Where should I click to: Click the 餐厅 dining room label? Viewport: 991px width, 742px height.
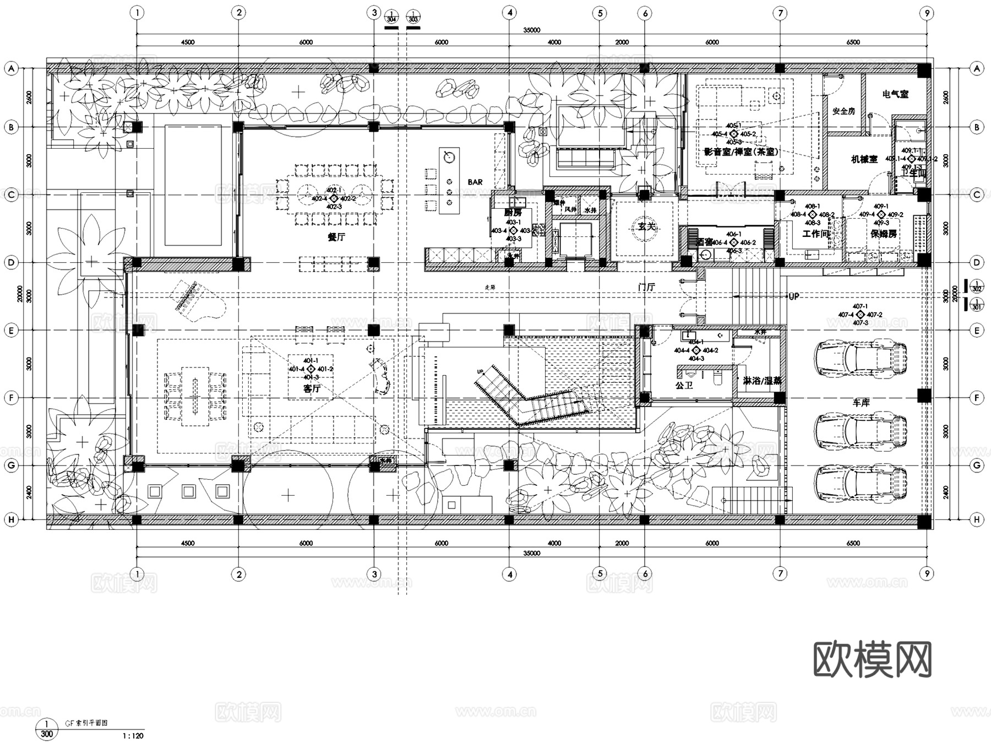pyautogui.click(x=336, y=237)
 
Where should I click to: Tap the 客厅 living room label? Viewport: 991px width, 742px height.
pyautogui.click(x=312, y=388)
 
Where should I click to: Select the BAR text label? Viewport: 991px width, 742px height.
pyautogui.click(x=475, y=182)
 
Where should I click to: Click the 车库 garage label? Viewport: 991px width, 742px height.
pyautogui.click(x=861, y=403)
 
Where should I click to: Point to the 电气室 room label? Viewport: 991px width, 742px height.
pyautogui.click(x=895, y=94)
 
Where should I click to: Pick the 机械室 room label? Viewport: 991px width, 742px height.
pyautogui.click(x=864, y=159)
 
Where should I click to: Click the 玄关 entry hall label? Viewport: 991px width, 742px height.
pyautogui.click(x=646, y=226)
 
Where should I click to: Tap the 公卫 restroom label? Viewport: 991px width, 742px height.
pyautogui.click(x=684, y=386)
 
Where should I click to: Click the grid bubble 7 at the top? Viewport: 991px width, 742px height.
pyautogui.click(x=780, y=13)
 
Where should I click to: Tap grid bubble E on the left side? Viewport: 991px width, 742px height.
pyautogui.click(x=11, y=331)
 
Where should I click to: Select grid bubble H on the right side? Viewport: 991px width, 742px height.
pyautogui.click(x=977, y=519)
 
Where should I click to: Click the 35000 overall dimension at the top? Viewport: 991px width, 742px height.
pyautogui.click(x=531, y=30)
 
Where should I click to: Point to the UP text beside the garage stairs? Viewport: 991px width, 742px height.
pyautogui.click(x=793, y=296)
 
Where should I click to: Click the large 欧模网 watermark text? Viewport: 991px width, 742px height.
pyautogui.click(x=872, y=659)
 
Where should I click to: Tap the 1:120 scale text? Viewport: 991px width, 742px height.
pyautogui.click(x=132, y=735)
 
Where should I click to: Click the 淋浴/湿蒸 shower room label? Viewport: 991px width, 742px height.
pyautogui.click(x=763, y=381)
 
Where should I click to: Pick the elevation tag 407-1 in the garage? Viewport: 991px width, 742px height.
pyautogui.click(x=860, y=306)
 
